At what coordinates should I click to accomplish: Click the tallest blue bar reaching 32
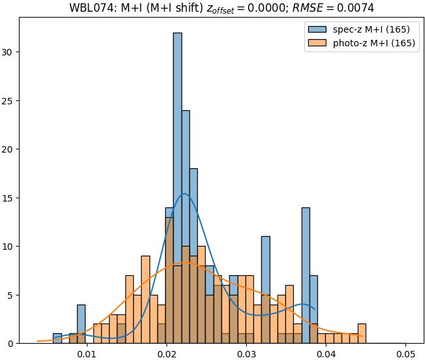(177, 189)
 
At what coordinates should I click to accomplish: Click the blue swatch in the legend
(317, 30)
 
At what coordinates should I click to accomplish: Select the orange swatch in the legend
(317, 44)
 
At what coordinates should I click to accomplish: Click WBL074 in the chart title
(90, 8)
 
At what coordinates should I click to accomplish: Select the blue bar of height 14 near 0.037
(306, 274)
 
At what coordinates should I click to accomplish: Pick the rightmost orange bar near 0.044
(362, 333)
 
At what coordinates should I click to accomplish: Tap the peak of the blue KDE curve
(184, 194)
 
